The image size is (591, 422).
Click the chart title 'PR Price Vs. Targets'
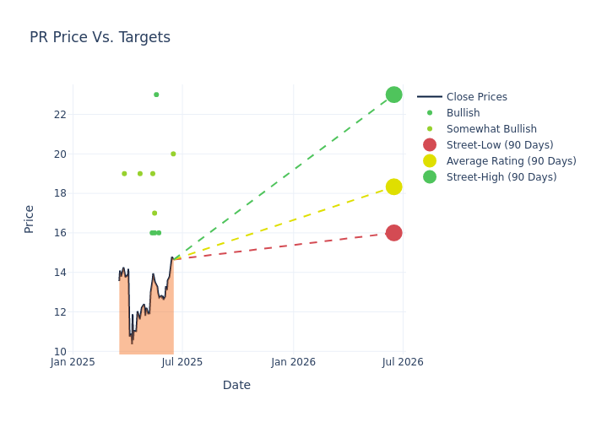[100, 37]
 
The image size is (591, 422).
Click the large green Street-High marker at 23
[393, 95]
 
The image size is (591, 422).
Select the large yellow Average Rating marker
[393, 187]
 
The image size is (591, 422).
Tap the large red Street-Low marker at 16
[393, 233]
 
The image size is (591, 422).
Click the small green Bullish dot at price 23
[156, 95]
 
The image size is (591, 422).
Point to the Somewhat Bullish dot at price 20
[173, 154]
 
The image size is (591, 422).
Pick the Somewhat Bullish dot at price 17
[155, 214]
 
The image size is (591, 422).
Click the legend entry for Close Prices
[476, 97]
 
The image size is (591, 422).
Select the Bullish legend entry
[463, 113]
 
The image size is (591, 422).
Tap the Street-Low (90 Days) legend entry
[499, 145]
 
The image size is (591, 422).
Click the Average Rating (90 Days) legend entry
[511, 161]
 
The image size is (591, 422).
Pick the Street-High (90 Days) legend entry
[501, 177]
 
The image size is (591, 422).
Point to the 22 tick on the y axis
[59, 115]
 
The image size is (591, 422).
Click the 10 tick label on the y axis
[59, 352]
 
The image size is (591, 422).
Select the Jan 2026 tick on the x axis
[293, 363]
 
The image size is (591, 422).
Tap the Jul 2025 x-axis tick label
[182, 363]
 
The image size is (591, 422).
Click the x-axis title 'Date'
[236, 386]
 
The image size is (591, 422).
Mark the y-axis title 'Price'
[30, 219]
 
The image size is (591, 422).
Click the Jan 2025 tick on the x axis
[73, 363]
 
